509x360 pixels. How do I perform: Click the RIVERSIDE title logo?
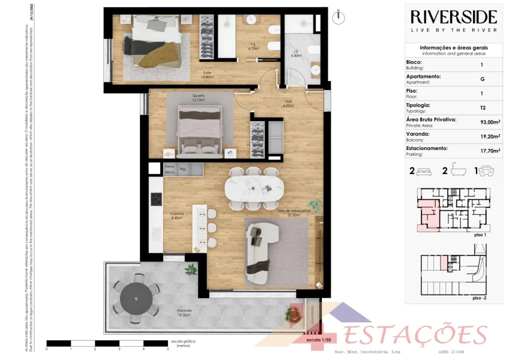(x=453, y=17)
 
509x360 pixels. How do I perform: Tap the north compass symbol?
(x=339, y=16)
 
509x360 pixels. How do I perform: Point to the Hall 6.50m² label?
(x=288, y=103)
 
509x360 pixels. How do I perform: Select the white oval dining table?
(x=253, y=187)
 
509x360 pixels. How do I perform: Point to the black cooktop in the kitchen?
(x=156, y=198)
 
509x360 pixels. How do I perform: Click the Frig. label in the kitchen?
(x=183, y=169)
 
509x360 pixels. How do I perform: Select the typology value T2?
(x=481, y=107)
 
